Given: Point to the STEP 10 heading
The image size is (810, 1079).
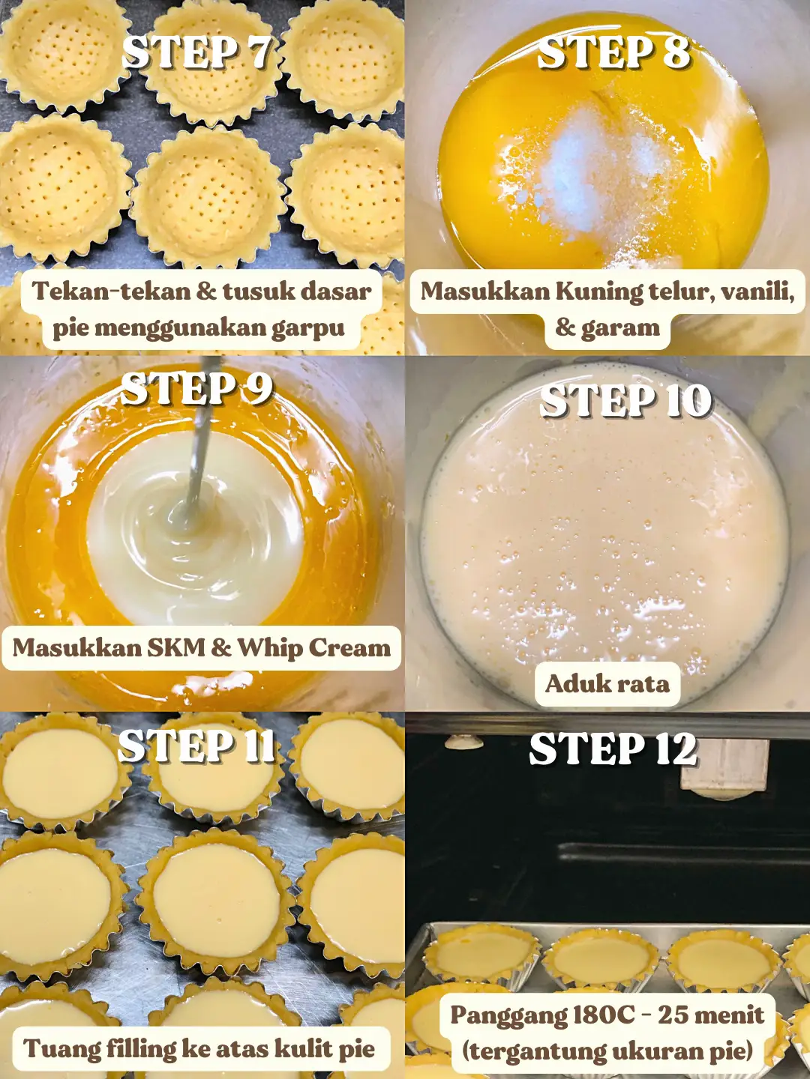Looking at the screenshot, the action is (625, 401).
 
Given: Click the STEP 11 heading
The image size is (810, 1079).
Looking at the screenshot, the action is (196, 746).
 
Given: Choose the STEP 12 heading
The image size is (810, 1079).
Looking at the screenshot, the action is (613, 749).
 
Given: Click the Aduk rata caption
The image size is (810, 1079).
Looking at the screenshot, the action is (607, 683).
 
